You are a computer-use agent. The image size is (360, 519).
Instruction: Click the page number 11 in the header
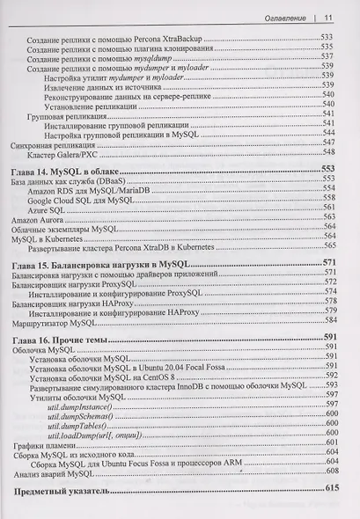pyautogui.click(x=328, y=16)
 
